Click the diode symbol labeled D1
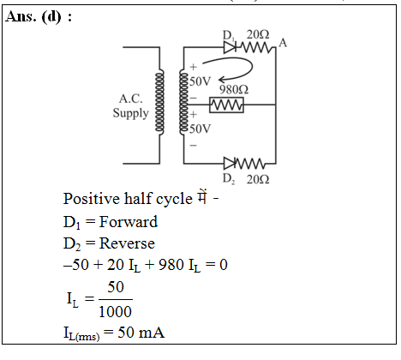click(230, 47)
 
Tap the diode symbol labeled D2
click(230, 164)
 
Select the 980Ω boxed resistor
click(226, 105)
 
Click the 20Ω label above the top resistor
click(258, 34)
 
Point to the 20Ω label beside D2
click(258, 179)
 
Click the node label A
click(283, 43)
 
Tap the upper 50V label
click(200, 81)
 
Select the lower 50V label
click(200, 129)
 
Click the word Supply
click(130, 113)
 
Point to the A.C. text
click(130, 99)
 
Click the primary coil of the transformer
click(159, 102)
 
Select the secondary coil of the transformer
click(183, 102)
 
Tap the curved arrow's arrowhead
click(221, 80)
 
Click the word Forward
click(129, 222)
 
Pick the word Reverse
click(127, 243)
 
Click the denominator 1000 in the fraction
click(115, 311)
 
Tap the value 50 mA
click(141, 333)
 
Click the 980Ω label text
click(234, 90)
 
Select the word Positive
click(92, 199)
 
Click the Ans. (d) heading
click(39, 16)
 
